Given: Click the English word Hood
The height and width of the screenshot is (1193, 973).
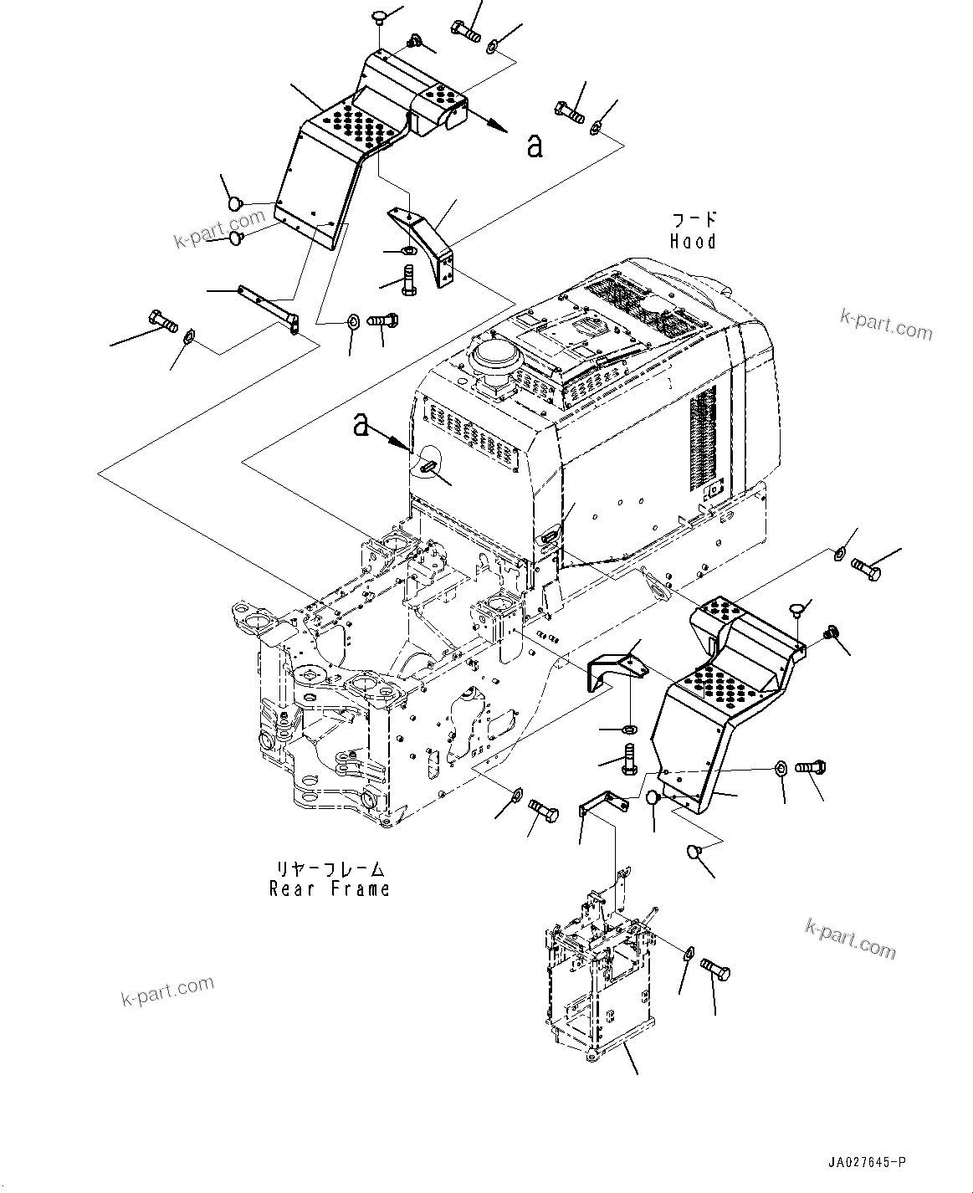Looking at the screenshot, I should point(693,242).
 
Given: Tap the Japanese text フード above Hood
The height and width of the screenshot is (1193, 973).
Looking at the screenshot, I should point(694,220).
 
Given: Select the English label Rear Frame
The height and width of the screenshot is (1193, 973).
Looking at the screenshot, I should point(330,888).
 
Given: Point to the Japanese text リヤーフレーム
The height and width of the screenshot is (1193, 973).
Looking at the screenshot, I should point(330,868).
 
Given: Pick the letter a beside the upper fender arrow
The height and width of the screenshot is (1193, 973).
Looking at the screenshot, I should point(535,146).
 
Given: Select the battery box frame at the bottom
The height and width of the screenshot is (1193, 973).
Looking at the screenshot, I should point(598,979).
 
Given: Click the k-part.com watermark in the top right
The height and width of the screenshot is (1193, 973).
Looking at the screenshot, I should point(886,325).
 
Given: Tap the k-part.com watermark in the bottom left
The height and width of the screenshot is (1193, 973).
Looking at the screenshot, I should point(168,991).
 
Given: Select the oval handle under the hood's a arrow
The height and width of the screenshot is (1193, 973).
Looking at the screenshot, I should point(428,468).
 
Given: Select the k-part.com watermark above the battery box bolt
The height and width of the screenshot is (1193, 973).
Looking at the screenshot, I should point(850,938).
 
